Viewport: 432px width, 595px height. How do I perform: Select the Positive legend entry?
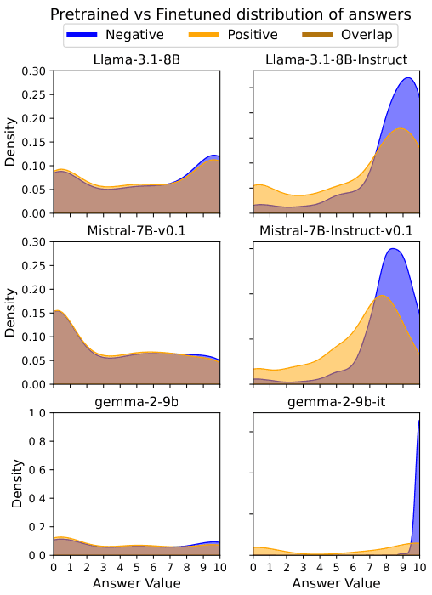(x=247, y=35)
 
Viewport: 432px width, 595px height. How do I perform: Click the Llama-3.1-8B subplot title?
(x=136, y=59)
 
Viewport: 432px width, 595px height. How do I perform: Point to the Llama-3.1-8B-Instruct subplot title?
(x=336, y=59)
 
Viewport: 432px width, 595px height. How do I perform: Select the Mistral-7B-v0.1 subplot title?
(x=136, y=230)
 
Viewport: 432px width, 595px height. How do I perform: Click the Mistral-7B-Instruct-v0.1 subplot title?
(x=336, y=230)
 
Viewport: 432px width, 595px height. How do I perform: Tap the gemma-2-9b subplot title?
(x=136, y=401)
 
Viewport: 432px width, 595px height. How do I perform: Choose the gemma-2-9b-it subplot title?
(x=336, y=401)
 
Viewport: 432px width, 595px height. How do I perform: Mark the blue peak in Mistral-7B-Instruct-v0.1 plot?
(x=393, y=250)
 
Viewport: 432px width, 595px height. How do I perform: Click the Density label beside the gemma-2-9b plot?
(x=12, y=484)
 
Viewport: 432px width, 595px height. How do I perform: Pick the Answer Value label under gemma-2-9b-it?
(x=336, y=584)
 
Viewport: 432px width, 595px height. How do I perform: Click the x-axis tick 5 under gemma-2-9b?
(x=136, y=567)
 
